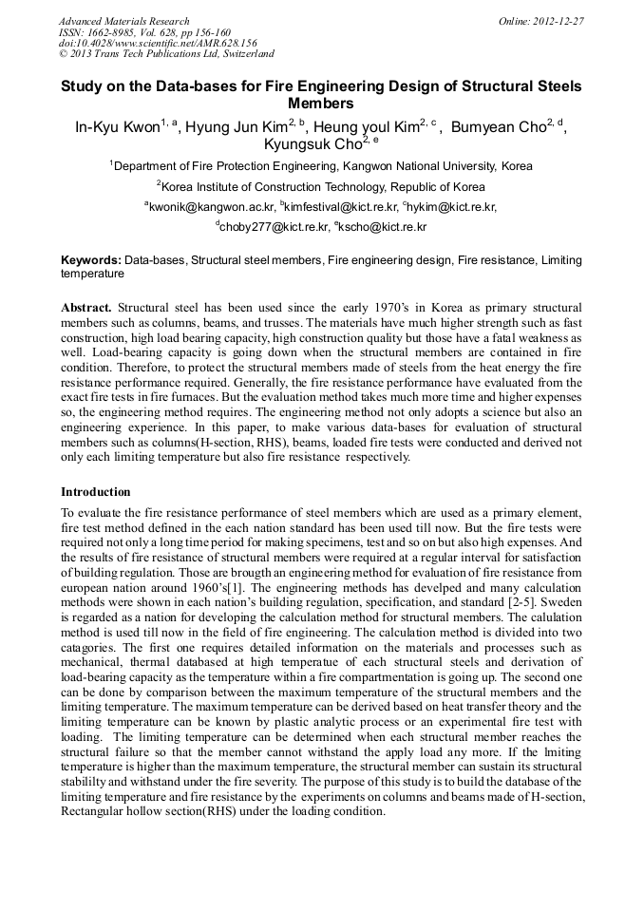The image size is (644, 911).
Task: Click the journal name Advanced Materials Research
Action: coord(123,21)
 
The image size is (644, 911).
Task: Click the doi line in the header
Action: coord(158,43)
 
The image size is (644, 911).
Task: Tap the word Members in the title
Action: coord(321,104)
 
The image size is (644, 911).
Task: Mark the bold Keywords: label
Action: coord(90,259)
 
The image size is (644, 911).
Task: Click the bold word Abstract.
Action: coord(86,309)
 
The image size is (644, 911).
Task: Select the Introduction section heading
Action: coord(95,492)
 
